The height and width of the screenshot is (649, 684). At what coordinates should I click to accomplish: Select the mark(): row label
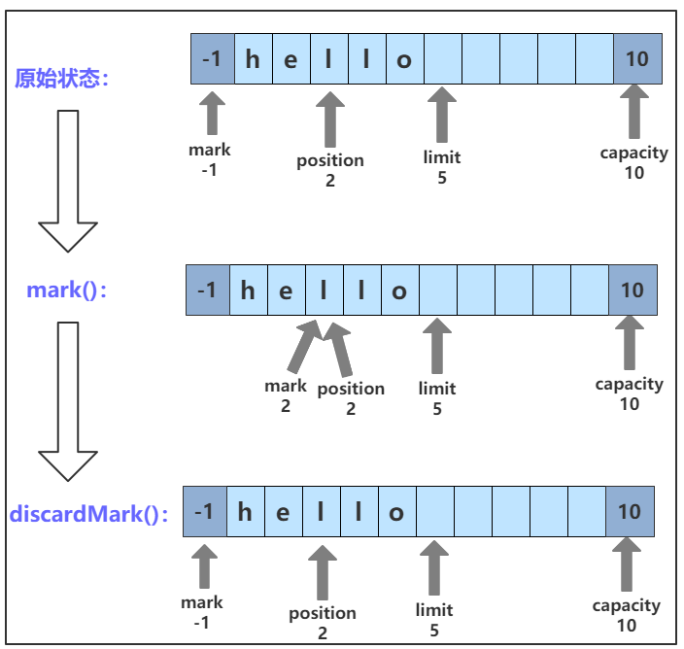68,290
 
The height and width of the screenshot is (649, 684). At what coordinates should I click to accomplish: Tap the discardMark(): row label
89,513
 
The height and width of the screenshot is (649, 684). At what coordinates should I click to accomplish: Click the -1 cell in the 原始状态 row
212,59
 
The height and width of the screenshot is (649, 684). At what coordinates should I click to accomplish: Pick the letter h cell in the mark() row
249,290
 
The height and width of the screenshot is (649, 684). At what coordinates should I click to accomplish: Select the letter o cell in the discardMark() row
396,512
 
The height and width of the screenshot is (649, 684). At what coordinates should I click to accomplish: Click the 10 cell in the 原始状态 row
637,59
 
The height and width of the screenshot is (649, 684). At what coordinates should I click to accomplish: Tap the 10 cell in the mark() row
633,290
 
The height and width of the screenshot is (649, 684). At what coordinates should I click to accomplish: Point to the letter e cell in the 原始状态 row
291,59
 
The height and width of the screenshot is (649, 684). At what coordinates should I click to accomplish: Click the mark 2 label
286,395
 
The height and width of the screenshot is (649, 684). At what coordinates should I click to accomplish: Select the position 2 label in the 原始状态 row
330,170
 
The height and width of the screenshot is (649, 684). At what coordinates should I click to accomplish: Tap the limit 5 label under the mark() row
437,398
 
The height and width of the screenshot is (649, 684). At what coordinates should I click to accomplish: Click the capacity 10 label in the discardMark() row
627,615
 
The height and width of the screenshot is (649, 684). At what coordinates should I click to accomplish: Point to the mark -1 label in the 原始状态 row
210,159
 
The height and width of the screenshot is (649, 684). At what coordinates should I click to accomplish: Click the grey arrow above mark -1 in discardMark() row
204,566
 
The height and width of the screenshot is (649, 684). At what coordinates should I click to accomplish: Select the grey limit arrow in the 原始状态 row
442,115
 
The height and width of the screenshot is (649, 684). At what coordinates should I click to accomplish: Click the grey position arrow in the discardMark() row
322,572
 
